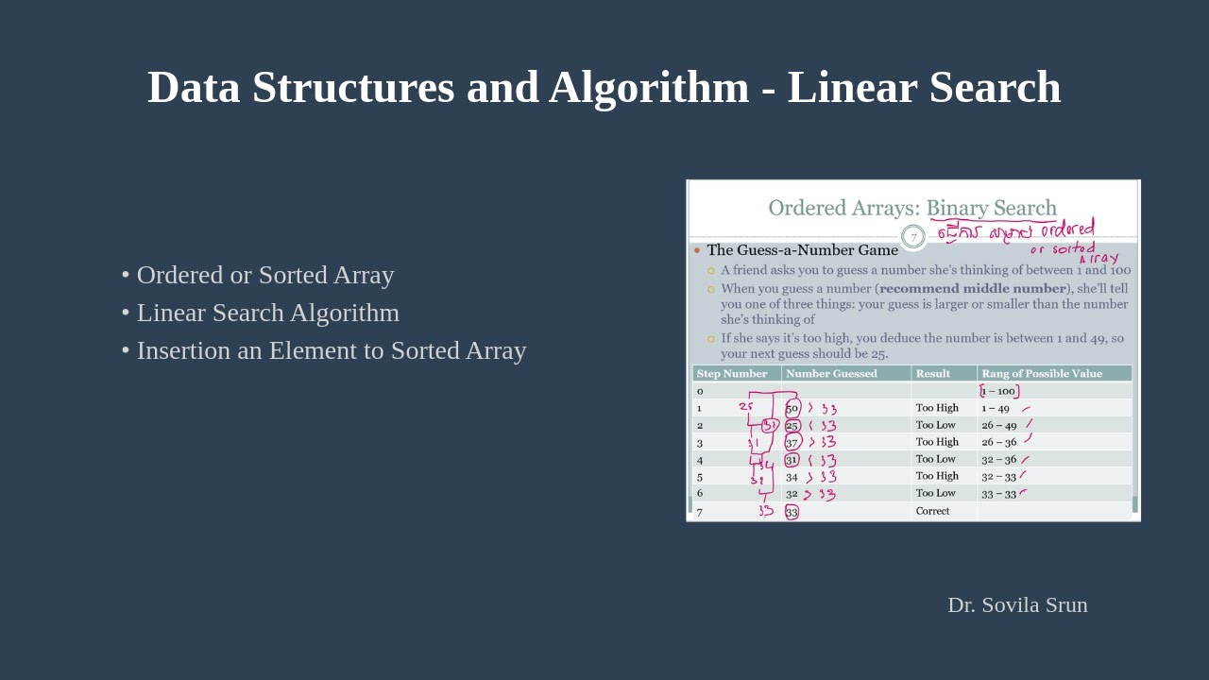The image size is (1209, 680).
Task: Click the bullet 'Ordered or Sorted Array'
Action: [x=264, y=275]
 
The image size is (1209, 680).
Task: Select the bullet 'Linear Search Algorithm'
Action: [x=267, y=313]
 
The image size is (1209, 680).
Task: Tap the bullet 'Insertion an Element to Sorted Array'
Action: [x=331, y=350]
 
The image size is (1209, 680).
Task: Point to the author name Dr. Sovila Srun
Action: [x=1017, y=604]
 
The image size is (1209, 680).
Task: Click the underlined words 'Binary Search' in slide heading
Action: [x=991, y=208]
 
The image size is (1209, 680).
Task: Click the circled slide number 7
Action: [x=912, y=237]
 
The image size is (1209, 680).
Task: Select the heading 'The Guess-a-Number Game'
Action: [x=802, y=250]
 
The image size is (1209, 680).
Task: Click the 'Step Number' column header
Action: [x=732, y=373]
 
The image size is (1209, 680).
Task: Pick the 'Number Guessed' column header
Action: [x=831, y=373]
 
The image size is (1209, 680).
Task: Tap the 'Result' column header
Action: [x=932, y=373]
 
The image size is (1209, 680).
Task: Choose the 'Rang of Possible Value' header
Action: [x=1042, y=373]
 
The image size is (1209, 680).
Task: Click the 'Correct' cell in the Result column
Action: [x=932, y=511]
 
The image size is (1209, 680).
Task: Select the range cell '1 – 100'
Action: [x=998, y=391]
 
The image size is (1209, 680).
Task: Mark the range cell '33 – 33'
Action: [x=998, y=493]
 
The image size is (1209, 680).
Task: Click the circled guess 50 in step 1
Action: [x=792, y=408]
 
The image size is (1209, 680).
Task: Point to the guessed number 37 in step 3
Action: [x=792, y=442]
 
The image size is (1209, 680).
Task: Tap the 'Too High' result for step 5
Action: [x=936, y=476]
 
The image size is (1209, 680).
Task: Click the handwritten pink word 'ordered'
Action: [x=1067, y=229]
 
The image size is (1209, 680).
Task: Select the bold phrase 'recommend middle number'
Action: [x=972, y=289]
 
